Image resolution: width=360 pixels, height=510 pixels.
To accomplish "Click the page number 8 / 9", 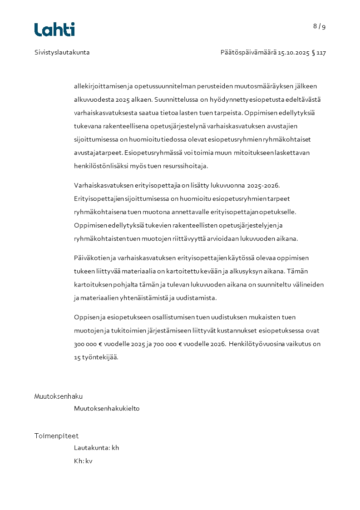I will (x=319, y=26).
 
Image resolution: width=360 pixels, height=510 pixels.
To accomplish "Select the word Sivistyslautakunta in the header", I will (x=62, y=52).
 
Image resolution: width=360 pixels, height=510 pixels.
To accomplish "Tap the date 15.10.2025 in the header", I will (x=293, y=52).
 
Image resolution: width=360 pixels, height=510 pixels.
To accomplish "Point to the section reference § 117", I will (x=319, y=52).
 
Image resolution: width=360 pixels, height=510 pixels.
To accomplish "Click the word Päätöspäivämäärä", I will (x=248, y=52).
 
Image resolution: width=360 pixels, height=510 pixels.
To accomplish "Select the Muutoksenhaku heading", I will (x=59, y=396).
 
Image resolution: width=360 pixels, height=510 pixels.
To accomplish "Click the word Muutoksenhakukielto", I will (x=107, y=408).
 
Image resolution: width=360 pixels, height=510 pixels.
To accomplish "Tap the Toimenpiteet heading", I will (x=56, y=436).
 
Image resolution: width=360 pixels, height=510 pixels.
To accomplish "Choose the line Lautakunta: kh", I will (x=96, y=448).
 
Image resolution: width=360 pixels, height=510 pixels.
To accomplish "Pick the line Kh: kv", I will (x=83, y=461).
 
